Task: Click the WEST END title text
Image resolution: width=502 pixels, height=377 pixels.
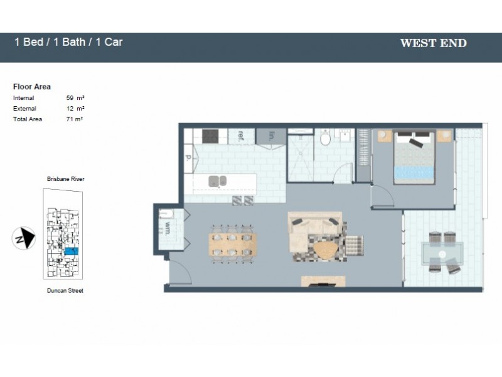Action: coord(433,43)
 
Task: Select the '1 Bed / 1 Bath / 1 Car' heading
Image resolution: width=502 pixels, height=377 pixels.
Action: coord(68,42)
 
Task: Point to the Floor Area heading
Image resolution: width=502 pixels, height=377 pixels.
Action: coord(32,87)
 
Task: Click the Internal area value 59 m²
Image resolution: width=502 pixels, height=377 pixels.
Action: coord(75,98)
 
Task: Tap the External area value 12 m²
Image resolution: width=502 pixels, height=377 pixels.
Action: coord(75,109)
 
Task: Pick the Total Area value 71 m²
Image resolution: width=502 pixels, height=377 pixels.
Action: coord(75,119)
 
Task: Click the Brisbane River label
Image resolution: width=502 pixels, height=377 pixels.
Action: coord(65,179)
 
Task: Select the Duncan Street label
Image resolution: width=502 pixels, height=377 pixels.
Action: coord(65,291)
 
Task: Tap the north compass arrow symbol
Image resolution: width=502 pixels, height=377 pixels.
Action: coord(22,238)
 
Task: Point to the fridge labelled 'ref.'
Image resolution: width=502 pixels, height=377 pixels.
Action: coord(241,136)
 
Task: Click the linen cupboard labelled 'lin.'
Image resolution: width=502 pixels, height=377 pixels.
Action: coord(271,136)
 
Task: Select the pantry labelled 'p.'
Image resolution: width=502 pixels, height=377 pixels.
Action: coord(188,158)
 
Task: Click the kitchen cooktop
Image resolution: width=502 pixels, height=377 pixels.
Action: coord(210,136)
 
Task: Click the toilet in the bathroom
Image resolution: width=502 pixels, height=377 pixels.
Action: coord(325,138)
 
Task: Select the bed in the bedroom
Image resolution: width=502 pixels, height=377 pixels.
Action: coord(414,158)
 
